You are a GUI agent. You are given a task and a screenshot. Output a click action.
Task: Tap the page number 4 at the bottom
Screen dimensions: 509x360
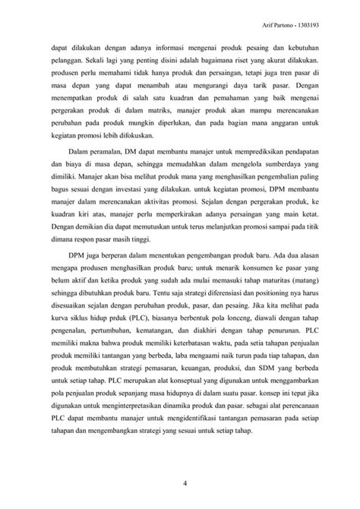pos(180,482)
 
